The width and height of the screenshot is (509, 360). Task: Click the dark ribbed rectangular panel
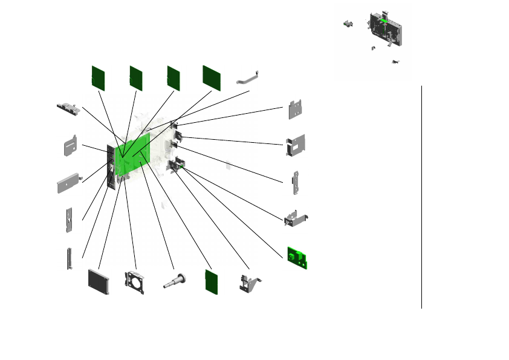tap(99, 281)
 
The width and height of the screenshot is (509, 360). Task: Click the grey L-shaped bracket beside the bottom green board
tap(249, 284)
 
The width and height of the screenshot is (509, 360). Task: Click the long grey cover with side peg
tap(69, 183)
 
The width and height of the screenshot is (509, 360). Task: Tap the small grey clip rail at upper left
tap(68, 109)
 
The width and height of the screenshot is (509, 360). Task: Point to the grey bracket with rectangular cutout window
tap(296, 146)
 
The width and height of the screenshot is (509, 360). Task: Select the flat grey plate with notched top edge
tap(297, 110)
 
